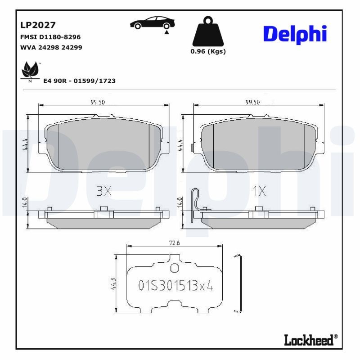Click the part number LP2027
(38, 25)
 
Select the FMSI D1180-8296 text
(50, 37)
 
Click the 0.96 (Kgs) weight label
(208, 51)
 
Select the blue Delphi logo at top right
(294, 34)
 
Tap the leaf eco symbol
(30, 71)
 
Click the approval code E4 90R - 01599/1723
(79, 81)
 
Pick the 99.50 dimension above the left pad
(97, 102)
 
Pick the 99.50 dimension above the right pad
(252, 102)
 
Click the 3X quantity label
(104, 191)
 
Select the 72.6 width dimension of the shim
(175, 243)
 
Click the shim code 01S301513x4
(175, 286)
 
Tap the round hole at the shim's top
(175, 269)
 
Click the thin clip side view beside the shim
(238, 283)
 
